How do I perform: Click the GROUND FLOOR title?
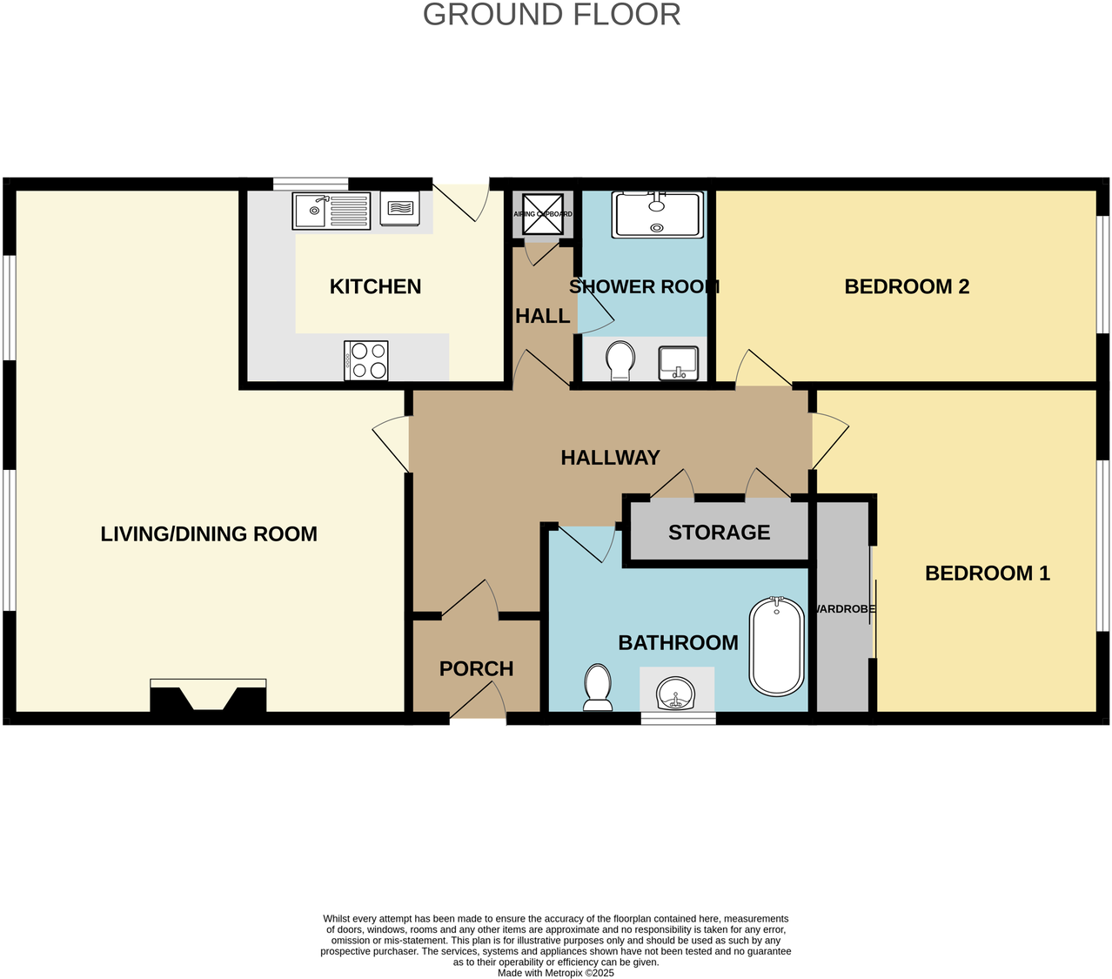552,15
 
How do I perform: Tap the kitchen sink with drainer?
331,211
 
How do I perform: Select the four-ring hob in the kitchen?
366,360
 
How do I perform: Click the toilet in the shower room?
620,360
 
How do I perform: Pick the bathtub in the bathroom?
776,646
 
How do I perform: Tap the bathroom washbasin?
676,694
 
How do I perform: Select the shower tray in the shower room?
657,215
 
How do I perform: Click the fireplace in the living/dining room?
208,698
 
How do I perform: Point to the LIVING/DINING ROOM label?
209,534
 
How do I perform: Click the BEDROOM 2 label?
907,287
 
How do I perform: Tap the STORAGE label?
719,533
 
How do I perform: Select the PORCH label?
476,668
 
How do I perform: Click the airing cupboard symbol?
543,214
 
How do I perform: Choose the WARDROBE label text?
843,609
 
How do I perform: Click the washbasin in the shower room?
679,362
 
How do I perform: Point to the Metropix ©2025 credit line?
555,973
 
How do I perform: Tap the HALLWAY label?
610,458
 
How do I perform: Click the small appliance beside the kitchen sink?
399,209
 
